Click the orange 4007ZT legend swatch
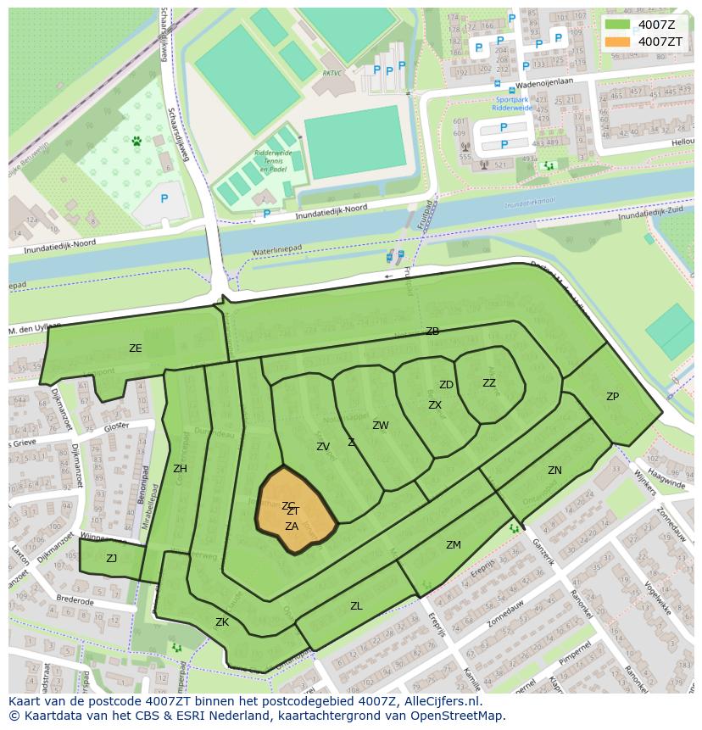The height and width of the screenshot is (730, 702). point(618,42)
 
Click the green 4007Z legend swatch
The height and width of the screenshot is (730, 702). point(618,25)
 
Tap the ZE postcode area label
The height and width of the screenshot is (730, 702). point(136,348)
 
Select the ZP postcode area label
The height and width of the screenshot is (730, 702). point(612,397)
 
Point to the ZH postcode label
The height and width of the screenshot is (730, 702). point(180,469)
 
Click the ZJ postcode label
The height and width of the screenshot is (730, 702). point(112,559)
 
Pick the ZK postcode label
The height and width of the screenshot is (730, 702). point(222,622)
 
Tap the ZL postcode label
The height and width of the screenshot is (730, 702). point(356,606)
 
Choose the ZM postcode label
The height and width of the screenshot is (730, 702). point(454,545)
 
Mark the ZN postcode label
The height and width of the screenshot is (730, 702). point(554,471)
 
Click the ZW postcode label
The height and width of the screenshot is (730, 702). point(381,426)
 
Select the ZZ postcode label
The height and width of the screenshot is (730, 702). point(489,383)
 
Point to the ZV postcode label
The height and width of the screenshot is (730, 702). point(323,447)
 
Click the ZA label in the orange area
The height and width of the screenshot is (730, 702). point(292,527)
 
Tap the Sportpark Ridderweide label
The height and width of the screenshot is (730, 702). point(511,103)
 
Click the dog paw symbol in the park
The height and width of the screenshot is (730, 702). point(136,142)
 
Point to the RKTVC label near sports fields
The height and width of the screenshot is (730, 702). point(331,74)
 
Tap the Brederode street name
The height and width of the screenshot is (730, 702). point(75,600)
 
